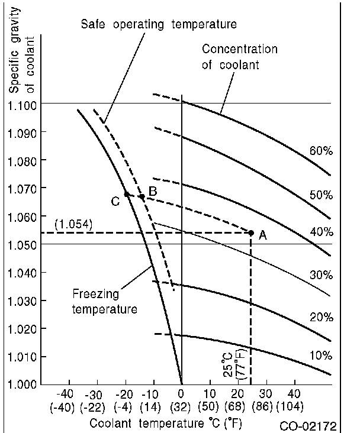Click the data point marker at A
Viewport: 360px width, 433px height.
pyautogui.click(x=251, y=233)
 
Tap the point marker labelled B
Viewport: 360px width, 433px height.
pyautogui.click(x=142, y=196)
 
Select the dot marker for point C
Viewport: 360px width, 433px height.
pyautogui.click(x=127, y=194)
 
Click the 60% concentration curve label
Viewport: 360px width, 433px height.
pyautogui.click(x=321, y=151)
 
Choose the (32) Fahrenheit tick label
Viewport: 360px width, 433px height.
pyautogui.click(x=181, y=406)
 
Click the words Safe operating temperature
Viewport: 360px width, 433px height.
pyautogui.click(x=158, y=24)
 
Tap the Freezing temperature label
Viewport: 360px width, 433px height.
pyautogui.click(x=105, y=300)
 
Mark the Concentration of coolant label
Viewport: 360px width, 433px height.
pyautogui.click(x=239, y=57)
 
